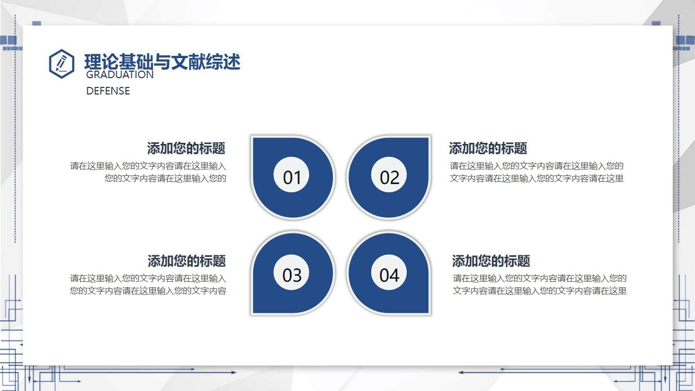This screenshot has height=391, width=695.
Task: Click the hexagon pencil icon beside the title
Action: coord(61,64)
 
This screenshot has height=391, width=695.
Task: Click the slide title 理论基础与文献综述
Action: coord(162,62)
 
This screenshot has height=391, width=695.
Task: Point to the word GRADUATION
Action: coord(119,75)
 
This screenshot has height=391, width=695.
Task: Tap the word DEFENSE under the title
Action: coord(108,91)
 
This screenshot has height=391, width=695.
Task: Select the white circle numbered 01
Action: coord(292,177)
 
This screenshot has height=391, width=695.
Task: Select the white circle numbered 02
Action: coord(389,177)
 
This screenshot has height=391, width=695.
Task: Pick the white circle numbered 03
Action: coord(292,275)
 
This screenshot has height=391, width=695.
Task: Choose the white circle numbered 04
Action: coord(389,275)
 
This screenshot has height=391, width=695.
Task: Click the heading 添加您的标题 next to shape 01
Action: coord(186,148)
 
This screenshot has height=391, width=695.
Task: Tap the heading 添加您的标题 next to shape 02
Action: coord(488,148)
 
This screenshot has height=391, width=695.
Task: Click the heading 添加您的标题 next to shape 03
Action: coord(186,261)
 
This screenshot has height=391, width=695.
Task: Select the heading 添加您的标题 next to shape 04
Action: coord(491,261)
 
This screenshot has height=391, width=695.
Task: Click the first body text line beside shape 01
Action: coord(148,166)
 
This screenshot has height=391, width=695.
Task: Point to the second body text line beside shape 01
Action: coord(165,178)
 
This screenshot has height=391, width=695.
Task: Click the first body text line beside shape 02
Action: coord(536,166)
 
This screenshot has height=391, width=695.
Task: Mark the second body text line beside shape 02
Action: coord(536,178)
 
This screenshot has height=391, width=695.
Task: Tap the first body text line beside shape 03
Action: coord(148,279)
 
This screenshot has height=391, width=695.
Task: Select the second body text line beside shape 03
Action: coord(148,291)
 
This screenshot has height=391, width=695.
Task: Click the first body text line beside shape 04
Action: coord(540,279)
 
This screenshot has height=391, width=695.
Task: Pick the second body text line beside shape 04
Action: coord(540,291)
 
